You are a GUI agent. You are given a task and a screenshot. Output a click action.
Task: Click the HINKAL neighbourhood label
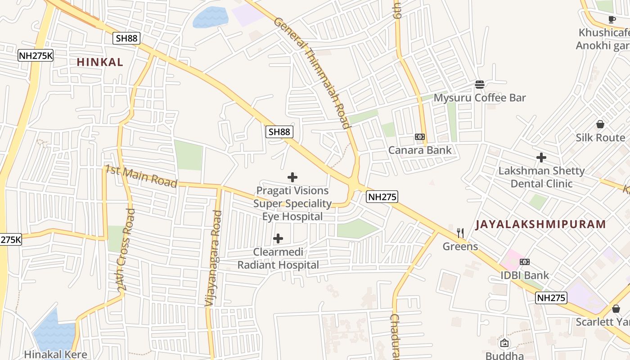(x=99, y=62)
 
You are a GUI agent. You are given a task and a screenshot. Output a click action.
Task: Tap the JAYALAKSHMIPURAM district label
(x=540, y=224)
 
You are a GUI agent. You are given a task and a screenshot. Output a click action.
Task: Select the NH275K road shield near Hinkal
(x=36, y=55)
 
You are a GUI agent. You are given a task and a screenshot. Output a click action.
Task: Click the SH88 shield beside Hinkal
(x=126, y=38)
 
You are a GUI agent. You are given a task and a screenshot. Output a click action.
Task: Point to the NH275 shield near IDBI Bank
(x=551, y=297)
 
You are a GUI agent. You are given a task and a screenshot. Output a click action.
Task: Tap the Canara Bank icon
(x=419, y=137)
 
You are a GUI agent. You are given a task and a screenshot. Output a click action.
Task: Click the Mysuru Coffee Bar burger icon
(x=479, y=84)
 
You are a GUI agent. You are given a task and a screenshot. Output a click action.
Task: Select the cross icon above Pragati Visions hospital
(x=292, y=177)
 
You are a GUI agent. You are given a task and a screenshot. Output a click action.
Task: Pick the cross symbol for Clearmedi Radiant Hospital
(x=278, y=238)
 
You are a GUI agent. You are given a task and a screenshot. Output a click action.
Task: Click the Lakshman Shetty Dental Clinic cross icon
(x=541, y=157)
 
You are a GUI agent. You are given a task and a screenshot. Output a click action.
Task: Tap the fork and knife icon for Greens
(x=460, y=233)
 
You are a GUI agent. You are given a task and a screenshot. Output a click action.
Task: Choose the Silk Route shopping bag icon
(x=600, y=124)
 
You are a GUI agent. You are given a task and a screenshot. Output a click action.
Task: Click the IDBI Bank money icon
(x=524, y=262)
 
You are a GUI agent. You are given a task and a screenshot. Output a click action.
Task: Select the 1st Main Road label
(x=141, y=176)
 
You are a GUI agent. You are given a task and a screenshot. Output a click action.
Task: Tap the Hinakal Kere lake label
(x=55, y=354)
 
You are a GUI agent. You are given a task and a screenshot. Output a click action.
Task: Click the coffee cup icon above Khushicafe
(x=612, y=19)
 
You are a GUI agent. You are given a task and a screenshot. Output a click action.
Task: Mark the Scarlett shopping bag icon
(x=616, y=309)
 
